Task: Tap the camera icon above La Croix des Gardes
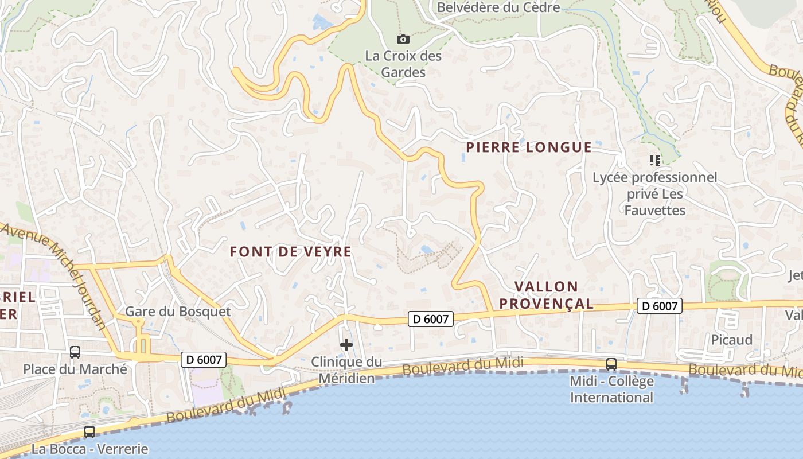pyautogui.click(x=403, y=39)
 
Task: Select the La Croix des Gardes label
pyautogui.click(x=404, y=64)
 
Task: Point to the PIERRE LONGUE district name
pyautogui.click(x=528, y=147)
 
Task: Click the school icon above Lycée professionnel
pyautogui.click(x=654, y=160)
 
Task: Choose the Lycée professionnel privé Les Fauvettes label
pyautogui.click(x=654, y=194)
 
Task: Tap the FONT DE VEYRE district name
pyautogui.click(x=290, y=252)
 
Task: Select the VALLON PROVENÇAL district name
pyautogui.click(x=545, y=295)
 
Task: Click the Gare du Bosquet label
pyautogui.click(x=178, y=312)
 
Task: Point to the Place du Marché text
pyautogui.click(x=75, y=369)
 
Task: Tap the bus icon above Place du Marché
pyautogui.click(x=75, y=352)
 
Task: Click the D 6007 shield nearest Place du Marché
pyautogui.click(x=204, y=360)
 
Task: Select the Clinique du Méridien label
pyautogui.click(x=346, y=370)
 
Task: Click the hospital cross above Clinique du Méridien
pyautogui.click(x=346, y=345)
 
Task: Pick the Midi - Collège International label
pyautogui.click(x=611, y=389)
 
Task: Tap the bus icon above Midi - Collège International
pyautogui.click(x=611, y=364)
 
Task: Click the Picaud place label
pyautogui.click(x=731, y=340)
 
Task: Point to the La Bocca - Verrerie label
pyautogui.click(x=90, y=449)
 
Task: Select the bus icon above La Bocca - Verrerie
pyautogui.click(x=89, y=432)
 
